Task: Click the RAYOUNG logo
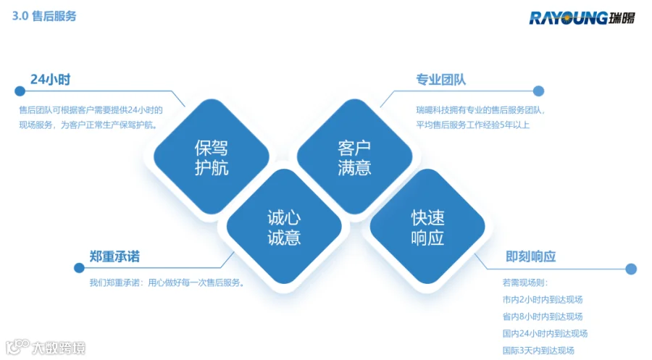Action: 582,18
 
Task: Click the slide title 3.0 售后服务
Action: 44,16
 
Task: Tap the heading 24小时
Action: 50,79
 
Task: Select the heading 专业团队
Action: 440,80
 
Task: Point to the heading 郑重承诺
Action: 114,256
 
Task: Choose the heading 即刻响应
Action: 530,256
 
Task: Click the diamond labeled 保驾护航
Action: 212,156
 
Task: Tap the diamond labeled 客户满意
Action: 354,156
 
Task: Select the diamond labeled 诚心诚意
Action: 284,227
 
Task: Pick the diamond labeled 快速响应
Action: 427,227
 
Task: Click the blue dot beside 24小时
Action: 20,91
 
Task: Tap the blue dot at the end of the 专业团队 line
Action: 538,91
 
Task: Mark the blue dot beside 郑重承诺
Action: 79,268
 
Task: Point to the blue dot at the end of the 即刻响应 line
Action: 631,269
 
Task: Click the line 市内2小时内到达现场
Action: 542,300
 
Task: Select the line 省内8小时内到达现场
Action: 542,317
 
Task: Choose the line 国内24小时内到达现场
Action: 545,333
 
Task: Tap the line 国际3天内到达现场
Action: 538,351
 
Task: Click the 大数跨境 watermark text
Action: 59,348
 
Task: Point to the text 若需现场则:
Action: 524,282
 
